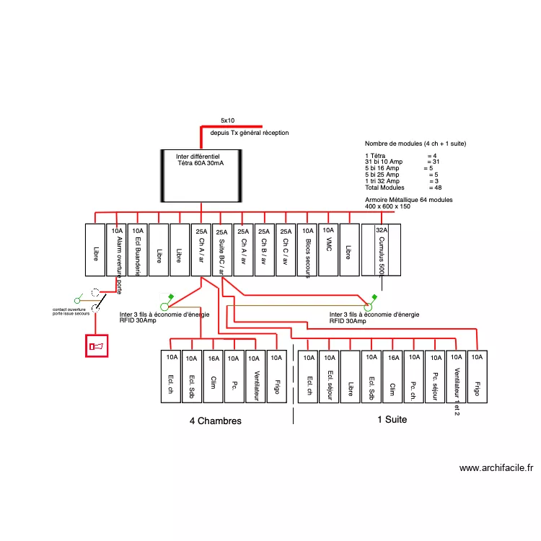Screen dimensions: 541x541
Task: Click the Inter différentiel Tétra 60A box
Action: (x=199, y=175)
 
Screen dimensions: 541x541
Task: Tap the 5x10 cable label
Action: (x=228, y=120)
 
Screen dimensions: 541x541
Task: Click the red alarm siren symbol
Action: (x=96, y=347)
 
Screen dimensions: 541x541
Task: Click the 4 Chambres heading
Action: (x=215, y=421)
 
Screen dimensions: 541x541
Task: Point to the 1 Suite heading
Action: (x=392, y=419)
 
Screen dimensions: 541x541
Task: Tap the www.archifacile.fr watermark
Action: (x=496, y=468)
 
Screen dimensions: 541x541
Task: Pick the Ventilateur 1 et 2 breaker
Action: (x=456, y=378)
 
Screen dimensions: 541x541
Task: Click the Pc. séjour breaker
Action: (x=435, y=378)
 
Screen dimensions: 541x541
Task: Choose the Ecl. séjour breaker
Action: (x=330, y=378)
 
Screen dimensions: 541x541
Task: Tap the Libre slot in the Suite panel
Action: (x=351, y=378)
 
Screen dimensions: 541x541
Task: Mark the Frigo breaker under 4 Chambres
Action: (x=276, y=378)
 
